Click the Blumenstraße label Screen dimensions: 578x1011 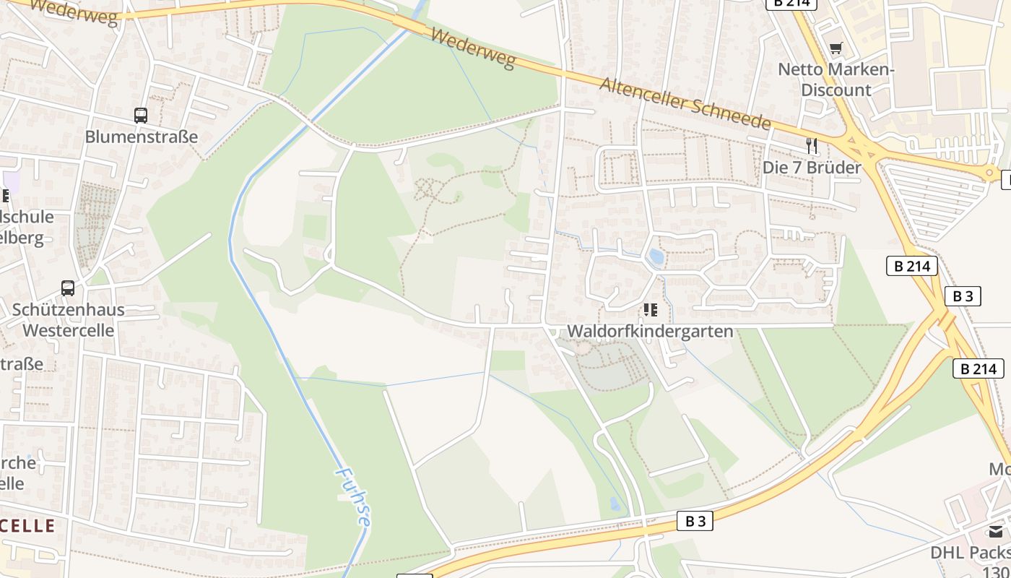point(141,137)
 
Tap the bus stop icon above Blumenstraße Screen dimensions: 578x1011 point(141,115)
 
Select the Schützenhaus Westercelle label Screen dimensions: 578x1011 point(68,319)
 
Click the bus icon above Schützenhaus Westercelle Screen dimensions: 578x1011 point(68,288)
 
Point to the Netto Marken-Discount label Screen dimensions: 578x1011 point(836,79)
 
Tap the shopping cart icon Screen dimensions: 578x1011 point(836,48)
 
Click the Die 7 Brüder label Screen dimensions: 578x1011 point(812,168)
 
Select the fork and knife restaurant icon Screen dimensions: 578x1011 point(812,146)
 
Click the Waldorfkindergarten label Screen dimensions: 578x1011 point(650,331)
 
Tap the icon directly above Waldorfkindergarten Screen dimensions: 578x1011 point(650,310)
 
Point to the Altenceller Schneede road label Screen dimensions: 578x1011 point(685,103)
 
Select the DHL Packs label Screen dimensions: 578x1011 point(970,553)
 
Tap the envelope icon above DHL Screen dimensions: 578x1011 point(996,532)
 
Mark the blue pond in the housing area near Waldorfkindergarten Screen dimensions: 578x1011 point(656,256)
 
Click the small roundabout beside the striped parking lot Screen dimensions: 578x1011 point(989,173)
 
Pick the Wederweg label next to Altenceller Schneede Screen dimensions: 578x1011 point(473,49)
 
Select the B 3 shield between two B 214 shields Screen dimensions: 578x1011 point(963,296)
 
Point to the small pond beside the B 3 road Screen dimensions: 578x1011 point(615,504)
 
